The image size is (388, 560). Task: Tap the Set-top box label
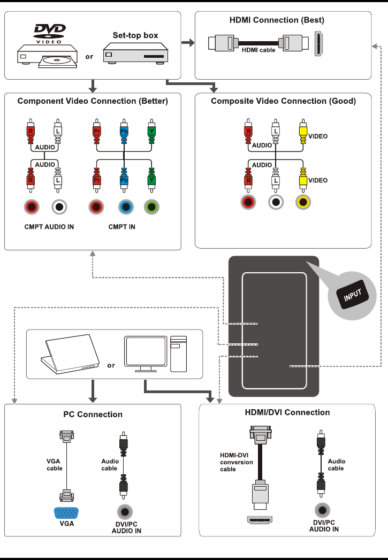pyautogui.click(x=135, y=35)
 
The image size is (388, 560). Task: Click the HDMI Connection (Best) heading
pyautogui.click(x=277, y=20)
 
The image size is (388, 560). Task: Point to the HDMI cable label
pyautogui.click(x=258, y=50)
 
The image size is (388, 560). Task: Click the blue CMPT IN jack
pyautogui.click(x=125, y=207)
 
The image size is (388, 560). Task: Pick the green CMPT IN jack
pyautogui.click(x=152, y=207)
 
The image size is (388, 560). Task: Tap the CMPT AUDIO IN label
pyautogui.click(x=49, y=227)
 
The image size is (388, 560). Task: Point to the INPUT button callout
pyautogui.click(x=353, y=294)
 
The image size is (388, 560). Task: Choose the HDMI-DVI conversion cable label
pyautogui.click(x=237, y=462)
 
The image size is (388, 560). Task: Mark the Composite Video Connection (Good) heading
pyautogui.click(x=283, y=101)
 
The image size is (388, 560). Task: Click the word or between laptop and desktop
pyautogui.click(x=111, y=366)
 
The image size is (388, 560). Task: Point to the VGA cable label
pyautogui.click(x=55, y=465)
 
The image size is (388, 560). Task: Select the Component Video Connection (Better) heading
pyautogui.click(x=93, y=101)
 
